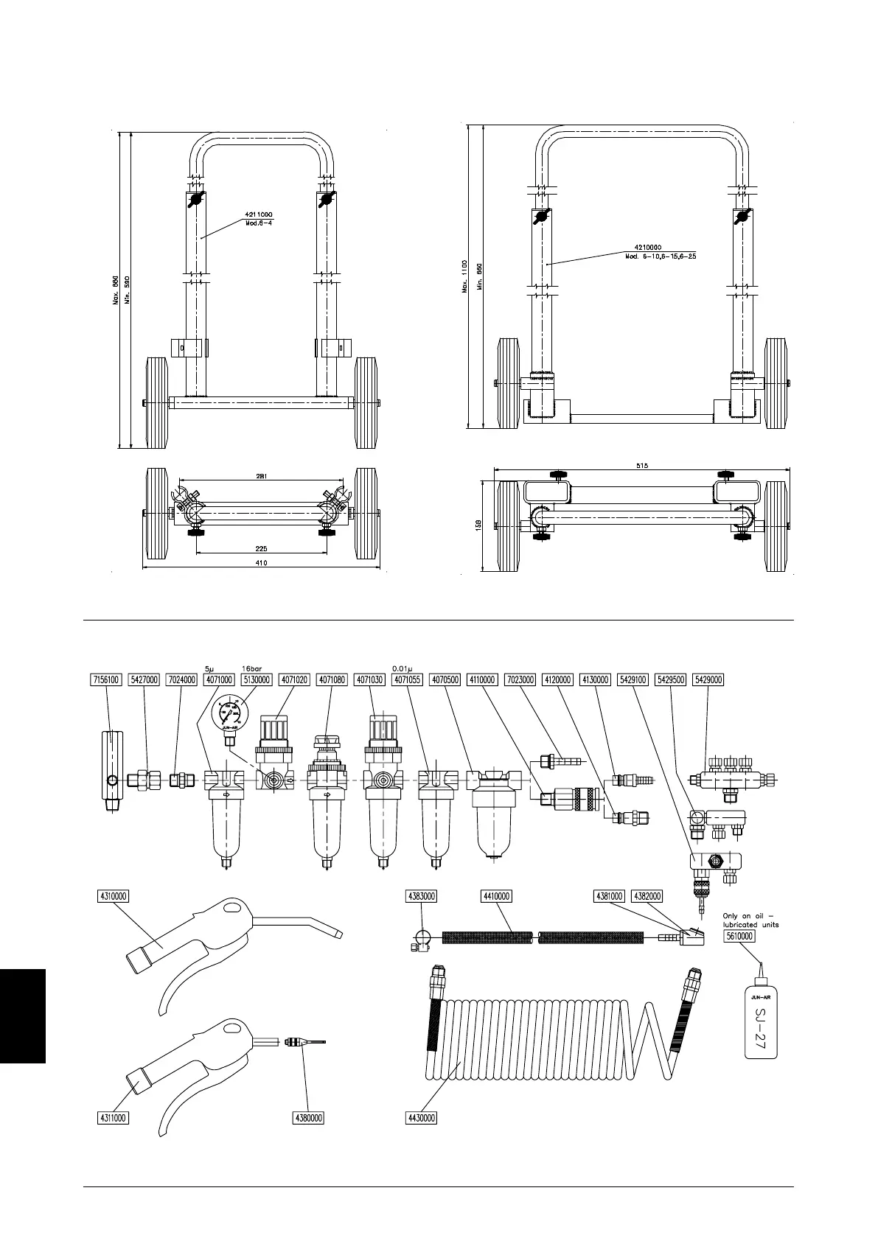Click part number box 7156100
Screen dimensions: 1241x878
click(105, 679)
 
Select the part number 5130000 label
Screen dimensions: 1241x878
click(256, 679)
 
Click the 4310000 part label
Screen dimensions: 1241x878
click(113, 897)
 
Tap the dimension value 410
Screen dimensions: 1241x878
click(261, 563)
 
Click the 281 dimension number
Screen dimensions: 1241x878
click(261, 476)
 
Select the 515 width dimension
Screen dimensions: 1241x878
click(641, 464)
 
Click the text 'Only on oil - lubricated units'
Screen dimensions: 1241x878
click(750, 920)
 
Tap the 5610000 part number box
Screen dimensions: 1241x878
click(739, 936)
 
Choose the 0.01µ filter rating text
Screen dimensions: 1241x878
click(403, 669)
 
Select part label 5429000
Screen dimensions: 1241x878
click(709, 679)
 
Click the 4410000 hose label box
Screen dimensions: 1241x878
click(496, 897)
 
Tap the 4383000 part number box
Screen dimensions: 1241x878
click(422, 897)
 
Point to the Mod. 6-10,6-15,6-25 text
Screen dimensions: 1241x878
click(661, 256)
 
